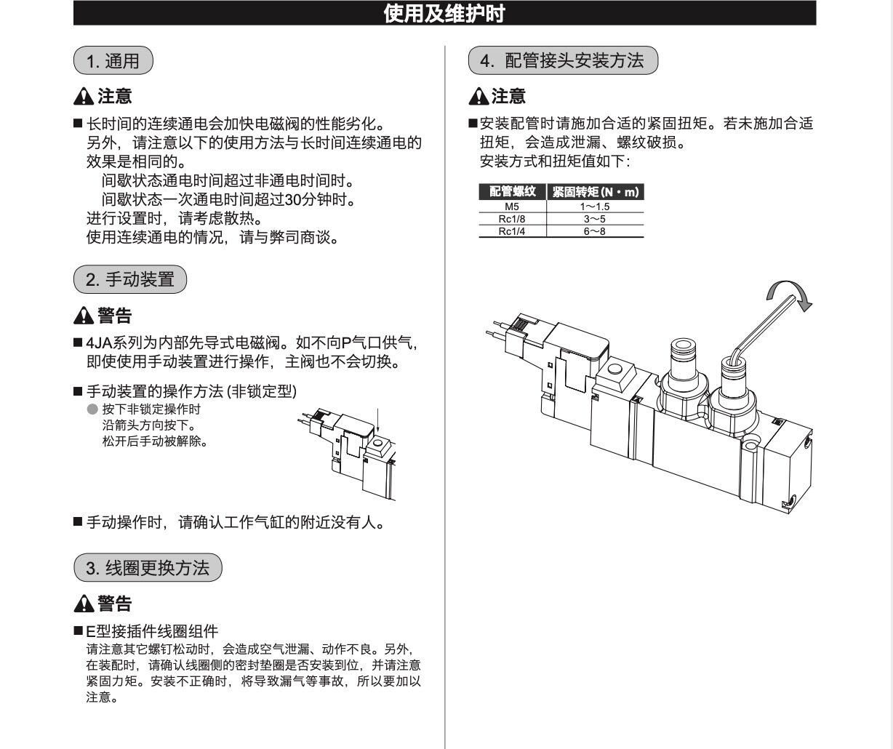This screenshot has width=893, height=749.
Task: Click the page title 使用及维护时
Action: [x=444, y=13]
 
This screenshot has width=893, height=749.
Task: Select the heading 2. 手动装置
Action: [x=130, y=279]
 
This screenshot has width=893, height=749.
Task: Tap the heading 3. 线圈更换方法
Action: [x=148, y=568]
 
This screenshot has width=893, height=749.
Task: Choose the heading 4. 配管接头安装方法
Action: [x=564, y=60]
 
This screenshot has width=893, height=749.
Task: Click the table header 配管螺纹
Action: [x=512, y=192]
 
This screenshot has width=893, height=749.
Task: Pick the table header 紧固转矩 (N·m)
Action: [x=595, y=192]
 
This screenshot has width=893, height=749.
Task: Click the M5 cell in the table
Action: [x=512, y=207]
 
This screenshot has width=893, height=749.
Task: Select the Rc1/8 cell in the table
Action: [x=512, y=219]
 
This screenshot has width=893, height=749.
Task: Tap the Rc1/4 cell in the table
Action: [x=512, y=231]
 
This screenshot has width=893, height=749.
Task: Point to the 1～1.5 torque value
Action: [x=594, y=207]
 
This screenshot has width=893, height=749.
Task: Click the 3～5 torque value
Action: [x=594, y=219]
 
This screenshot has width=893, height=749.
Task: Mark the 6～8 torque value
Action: [x=594, y=231]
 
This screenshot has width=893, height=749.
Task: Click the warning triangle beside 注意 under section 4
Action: [x=478, y=96]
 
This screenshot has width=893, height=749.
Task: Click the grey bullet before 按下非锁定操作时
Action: [x=92, y=409]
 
